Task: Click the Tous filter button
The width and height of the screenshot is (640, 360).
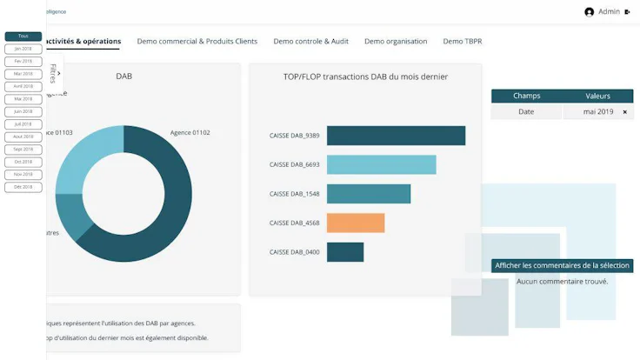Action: pyautogui.click(x=23, y=37)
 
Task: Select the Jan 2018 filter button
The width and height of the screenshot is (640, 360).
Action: pyautogui.click(x=23, y=49)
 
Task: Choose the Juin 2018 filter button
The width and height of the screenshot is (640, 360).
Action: pyautogui.click(x=23, y=111)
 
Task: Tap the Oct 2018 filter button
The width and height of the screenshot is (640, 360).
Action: pyautogui.click(x=23, y=162)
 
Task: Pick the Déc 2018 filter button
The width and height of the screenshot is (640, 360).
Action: pyautogui.click(x=23, y=187)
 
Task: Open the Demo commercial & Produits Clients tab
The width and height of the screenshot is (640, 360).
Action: pyautogui.click(x=197, y=41)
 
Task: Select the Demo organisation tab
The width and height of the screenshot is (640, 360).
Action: pyautogui.click(x=396, y=41)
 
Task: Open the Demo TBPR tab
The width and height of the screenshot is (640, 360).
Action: pyautogui.click(x=462, y=41)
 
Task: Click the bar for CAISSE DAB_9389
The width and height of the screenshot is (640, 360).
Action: pyautogui.click(x=396, y=136)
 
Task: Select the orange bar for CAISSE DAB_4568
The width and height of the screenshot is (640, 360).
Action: pyautogui.click(x=355, y=223)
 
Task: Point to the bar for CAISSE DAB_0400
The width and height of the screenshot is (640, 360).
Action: pyautogui.click(x=344, y=251)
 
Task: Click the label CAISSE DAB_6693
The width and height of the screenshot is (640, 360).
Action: pyautogui.click(x=294, y=164)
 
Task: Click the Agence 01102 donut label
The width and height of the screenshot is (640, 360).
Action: pyautogui.click(x=190, y=133)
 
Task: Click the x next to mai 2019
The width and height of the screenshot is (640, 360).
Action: pyautogui.click(x=624, y=112)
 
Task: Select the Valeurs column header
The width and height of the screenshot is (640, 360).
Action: pyautogui.click(x=597, y=96)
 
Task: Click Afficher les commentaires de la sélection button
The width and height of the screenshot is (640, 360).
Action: pyautogui.click(x=563, y=265)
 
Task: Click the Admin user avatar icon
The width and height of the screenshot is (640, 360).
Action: pyautogui.click(x=590, y=12)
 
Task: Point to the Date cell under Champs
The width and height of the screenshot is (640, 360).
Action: pyautogui.click(x=526, y=112)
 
